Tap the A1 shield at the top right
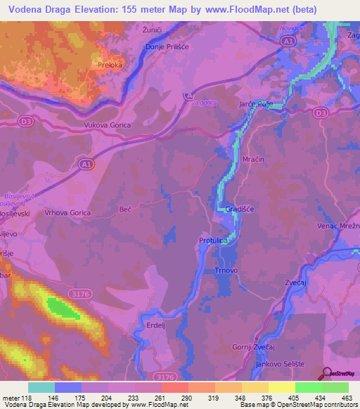tap(288, 42)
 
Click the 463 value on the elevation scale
tap(345, 397)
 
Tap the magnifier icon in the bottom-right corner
tap(326, 374)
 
